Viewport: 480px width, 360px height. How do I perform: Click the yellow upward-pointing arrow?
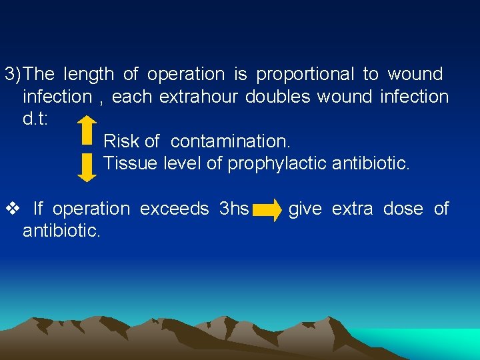[87, 131]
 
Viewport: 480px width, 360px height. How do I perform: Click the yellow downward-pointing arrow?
[87, 166]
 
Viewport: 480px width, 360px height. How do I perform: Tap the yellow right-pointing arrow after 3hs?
[268, 211]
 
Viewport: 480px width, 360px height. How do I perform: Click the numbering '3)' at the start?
[13, 74]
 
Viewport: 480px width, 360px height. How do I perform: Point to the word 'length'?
[89, 74]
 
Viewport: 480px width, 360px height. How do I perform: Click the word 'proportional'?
[306, 74]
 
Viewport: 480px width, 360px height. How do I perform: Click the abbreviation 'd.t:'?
[35, 119]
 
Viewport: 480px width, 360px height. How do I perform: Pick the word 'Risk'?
[121, 141]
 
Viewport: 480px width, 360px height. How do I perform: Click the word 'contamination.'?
[231, 141]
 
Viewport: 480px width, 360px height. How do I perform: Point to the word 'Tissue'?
[131, 163]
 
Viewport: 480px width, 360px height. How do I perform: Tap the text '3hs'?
[233, 209]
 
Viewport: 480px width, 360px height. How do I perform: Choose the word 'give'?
[305, 209]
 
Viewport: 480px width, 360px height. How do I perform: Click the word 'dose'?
[403, 209]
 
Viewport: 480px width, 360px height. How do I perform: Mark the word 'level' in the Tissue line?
[182, 163]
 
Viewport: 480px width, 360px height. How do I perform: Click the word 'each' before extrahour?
[132, 97]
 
